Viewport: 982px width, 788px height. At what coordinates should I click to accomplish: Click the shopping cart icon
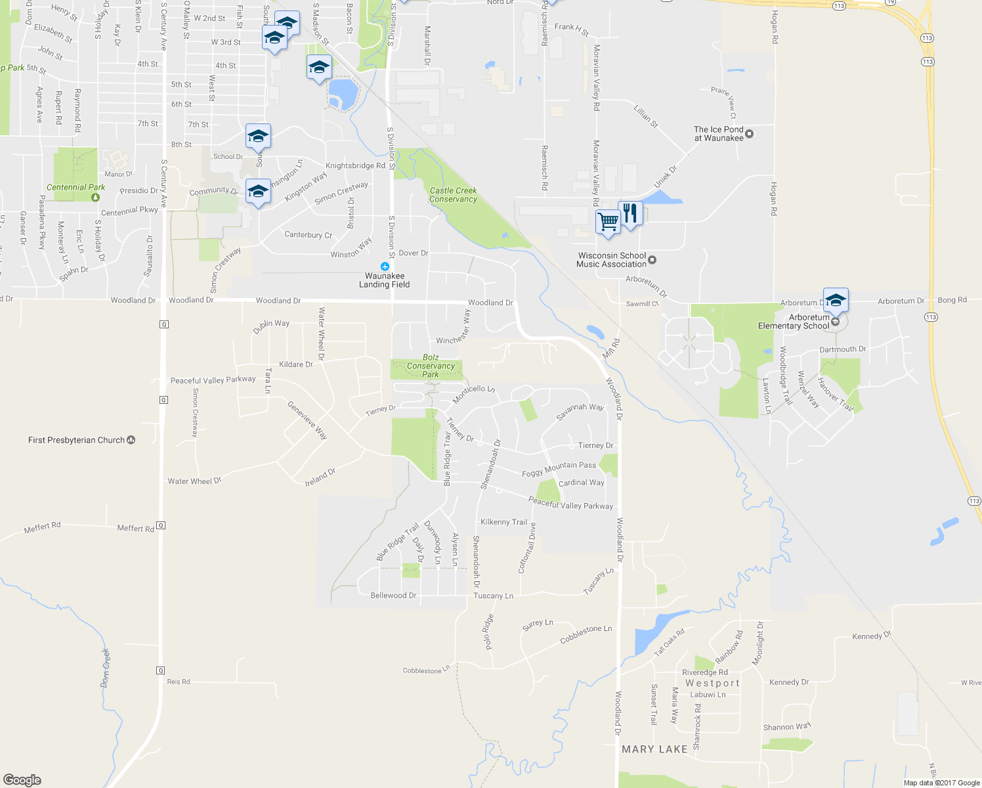tap(608, 221)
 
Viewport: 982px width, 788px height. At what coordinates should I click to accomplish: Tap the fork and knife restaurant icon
tap(630, 213)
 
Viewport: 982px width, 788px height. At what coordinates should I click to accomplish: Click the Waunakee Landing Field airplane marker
tap(385, 267)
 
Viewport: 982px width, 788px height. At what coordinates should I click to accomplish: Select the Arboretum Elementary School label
tap(794, 322)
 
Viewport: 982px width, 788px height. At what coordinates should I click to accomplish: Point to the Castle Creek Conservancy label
tap(453, 195)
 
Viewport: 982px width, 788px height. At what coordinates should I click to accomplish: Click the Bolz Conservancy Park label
tap(431, 366)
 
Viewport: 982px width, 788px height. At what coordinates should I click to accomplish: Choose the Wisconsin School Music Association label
tap(611, 260)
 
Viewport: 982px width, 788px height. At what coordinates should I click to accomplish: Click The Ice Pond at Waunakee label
tap(719, 134)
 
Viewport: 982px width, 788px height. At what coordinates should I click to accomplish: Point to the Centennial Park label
tap(75, 187)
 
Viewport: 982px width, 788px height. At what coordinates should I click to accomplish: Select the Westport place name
tap(712, 683)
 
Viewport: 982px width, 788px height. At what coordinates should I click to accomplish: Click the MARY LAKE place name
tap(654, 749)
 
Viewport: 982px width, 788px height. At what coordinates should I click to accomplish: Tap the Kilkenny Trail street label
tap(503, 522)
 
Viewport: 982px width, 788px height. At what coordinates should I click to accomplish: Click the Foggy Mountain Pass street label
tap(559, 469)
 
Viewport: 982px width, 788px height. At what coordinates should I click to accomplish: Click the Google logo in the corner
tap(22, 780)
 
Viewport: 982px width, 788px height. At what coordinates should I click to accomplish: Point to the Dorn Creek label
tap(105, 667)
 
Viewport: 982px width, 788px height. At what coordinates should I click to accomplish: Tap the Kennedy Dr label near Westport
tap(788, 682)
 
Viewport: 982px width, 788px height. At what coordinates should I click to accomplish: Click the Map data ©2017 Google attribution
tap(941, 783)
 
